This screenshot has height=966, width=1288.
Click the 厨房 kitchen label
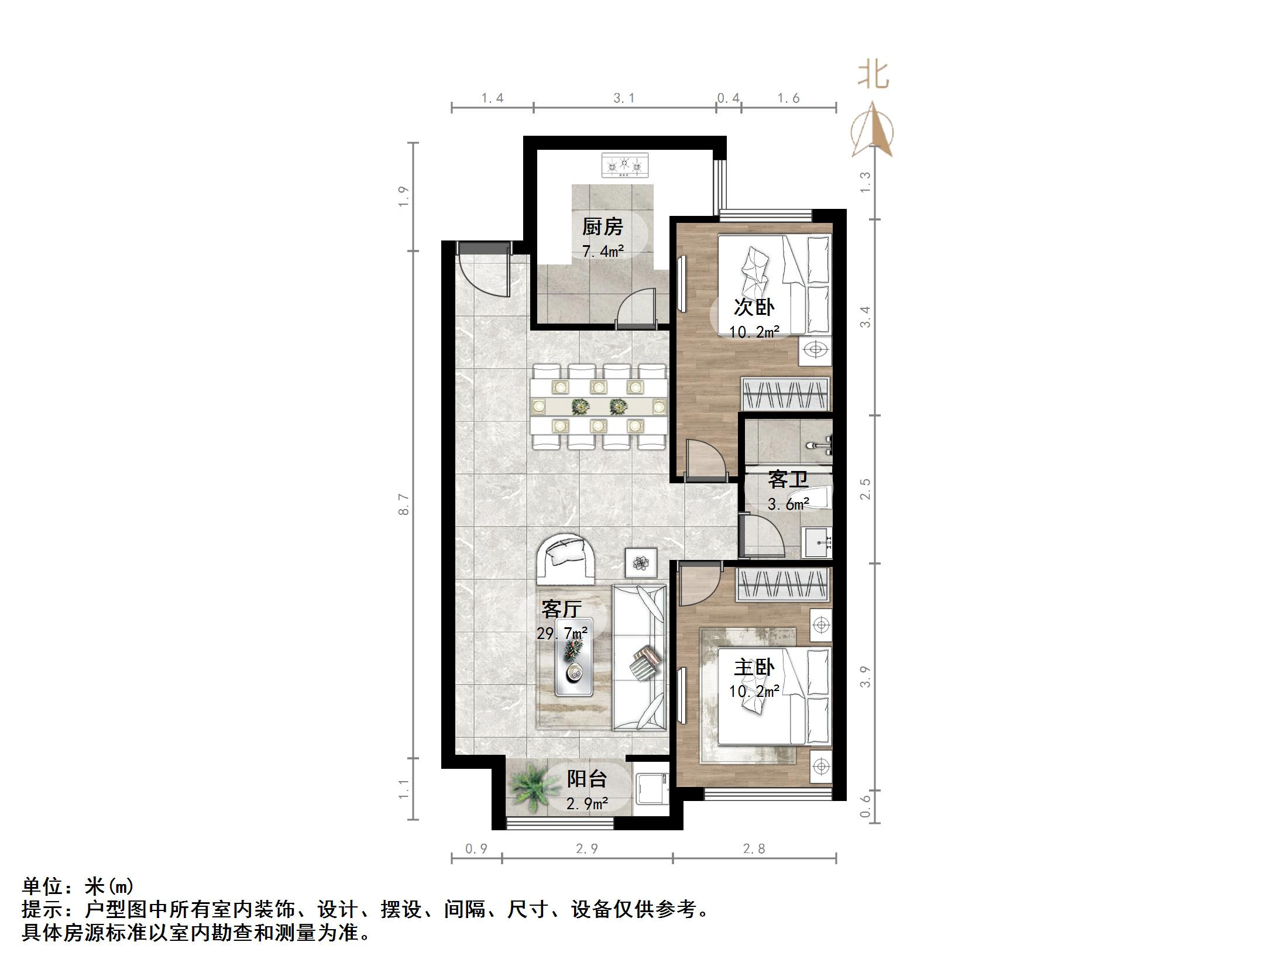[x=602, y=226]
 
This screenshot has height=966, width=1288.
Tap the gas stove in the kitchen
[x=625, y=165]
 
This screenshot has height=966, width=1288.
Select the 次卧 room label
[x=754, y=307]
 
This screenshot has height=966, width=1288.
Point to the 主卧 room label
[x=754, y=667]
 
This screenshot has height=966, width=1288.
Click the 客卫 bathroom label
[x=788, y=479]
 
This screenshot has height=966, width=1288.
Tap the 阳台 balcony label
[x=586, y=779]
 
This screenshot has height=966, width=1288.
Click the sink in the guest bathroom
[x=818, y=542]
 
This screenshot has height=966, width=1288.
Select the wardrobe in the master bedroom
[x=782, y=585]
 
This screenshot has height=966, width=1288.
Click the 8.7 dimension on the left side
[x=403, y=504]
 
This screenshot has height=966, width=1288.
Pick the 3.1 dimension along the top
[x=624, y=98]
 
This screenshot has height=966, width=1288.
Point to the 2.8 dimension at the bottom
[x=754, y=848]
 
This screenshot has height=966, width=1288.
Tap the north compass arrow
[x=873, y=130]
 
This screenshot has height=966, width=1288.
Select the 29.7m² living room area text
[x=562, y=633]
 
